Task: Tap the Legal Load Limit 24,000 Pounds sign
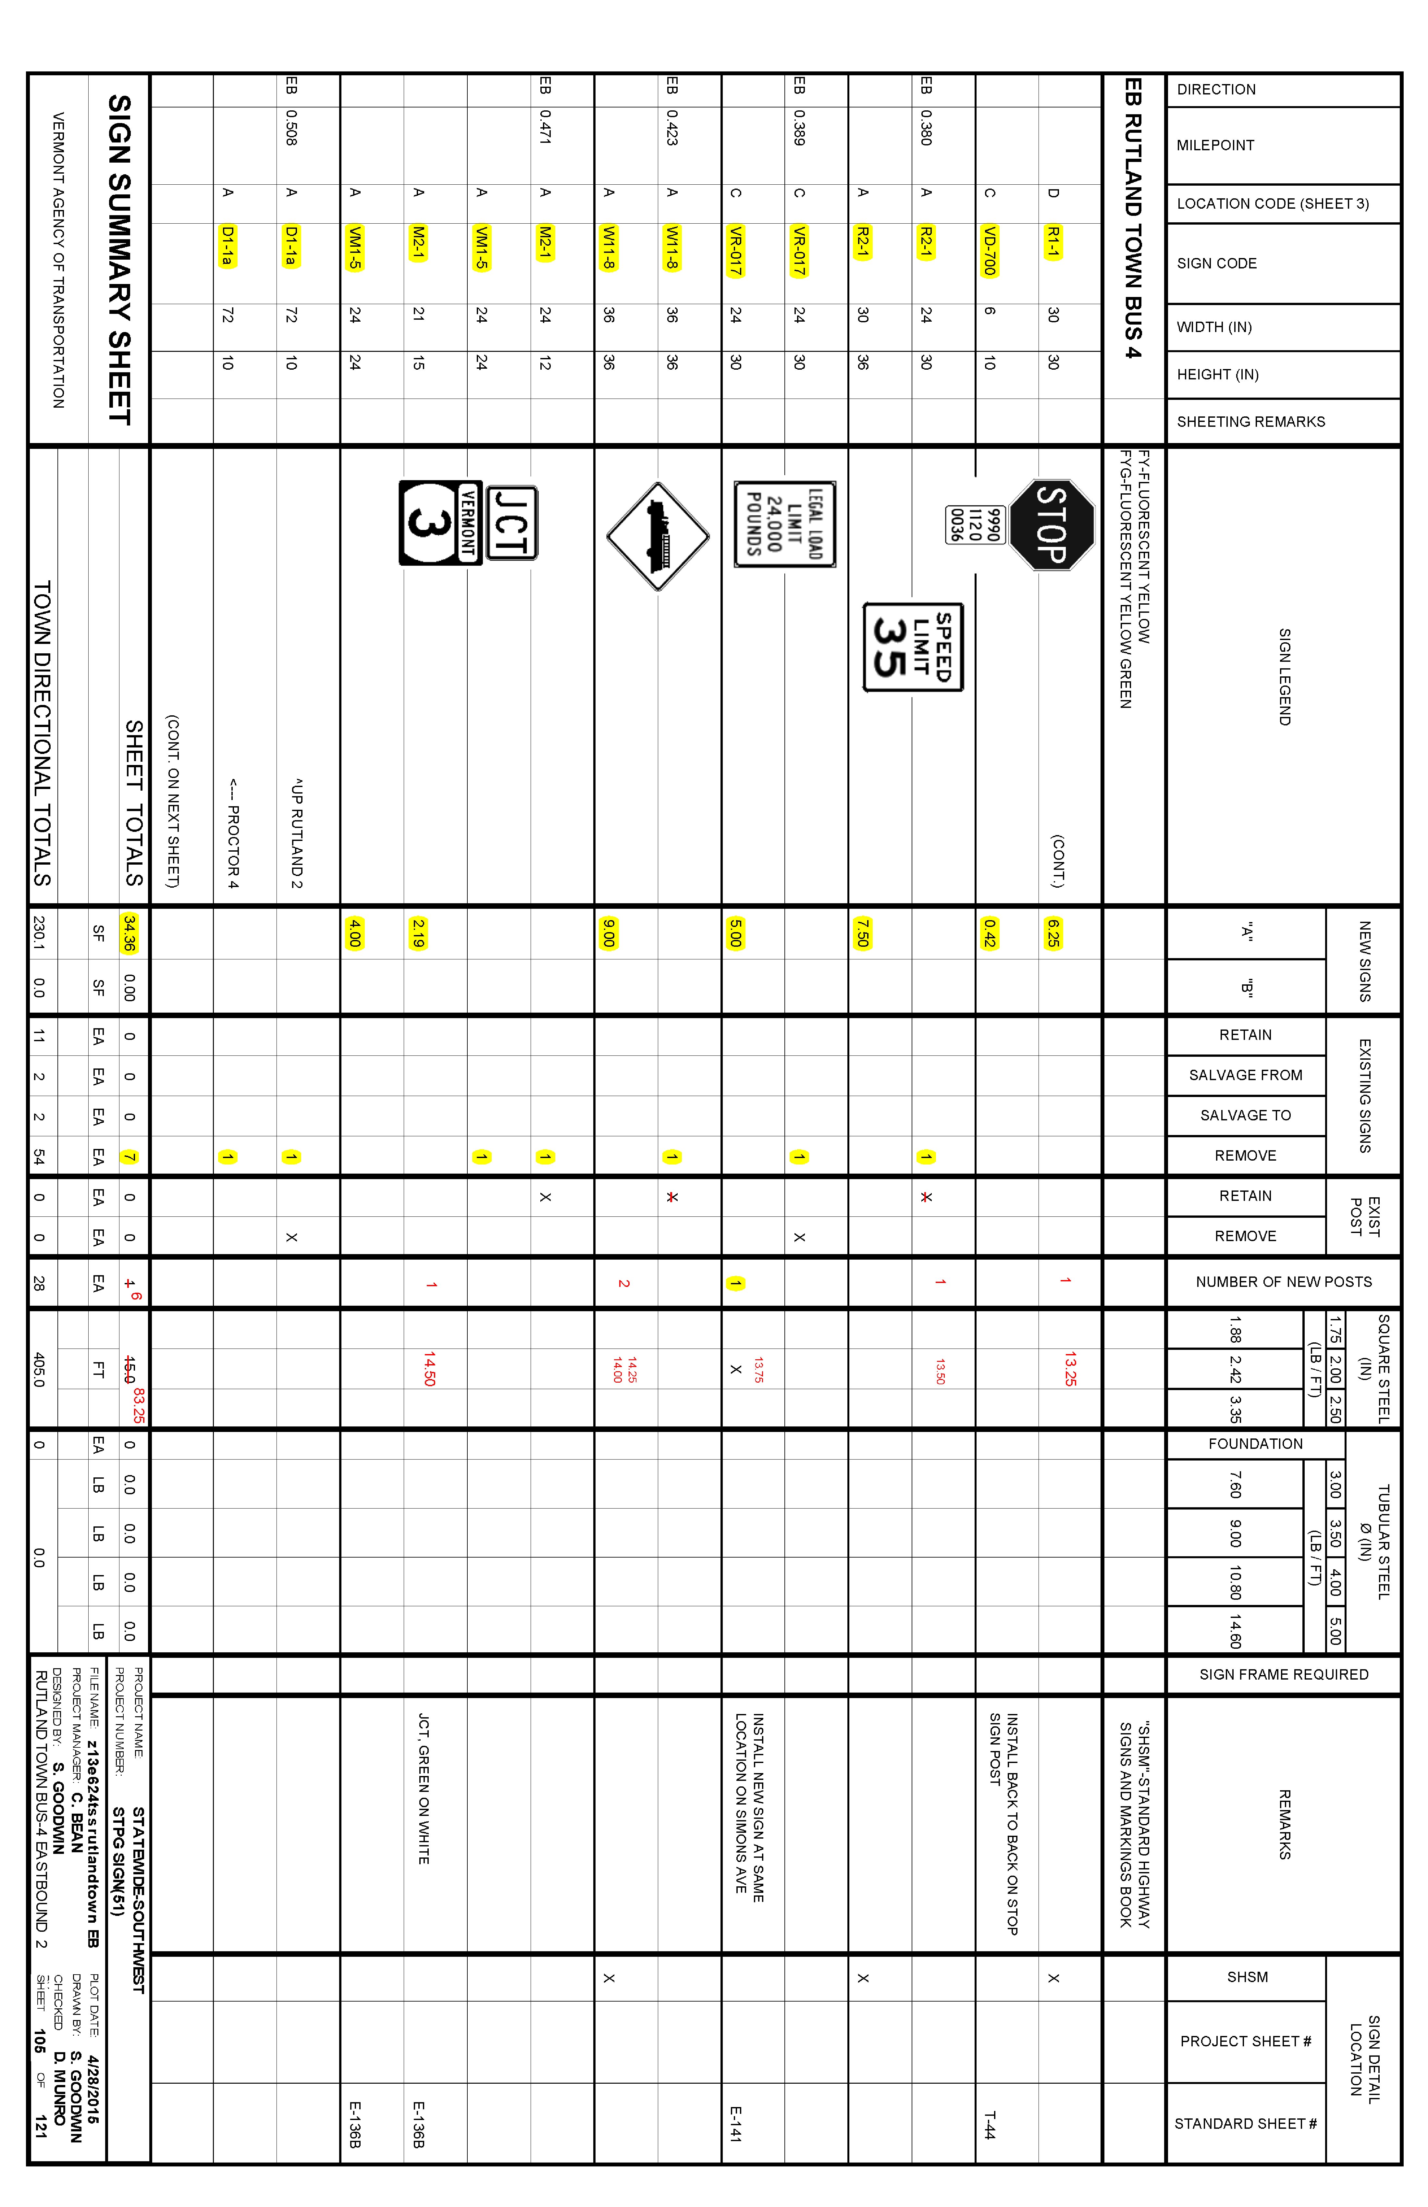click(784, 524)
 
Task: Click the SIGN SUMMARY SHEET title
click(120, 260)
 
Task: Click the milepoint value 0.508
click(291, 128)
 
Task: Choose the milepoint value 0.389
click(799, 128)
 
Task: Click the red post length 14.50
click(429, 1369)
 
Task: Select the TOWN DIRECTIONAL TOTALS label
click(43, 733)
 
